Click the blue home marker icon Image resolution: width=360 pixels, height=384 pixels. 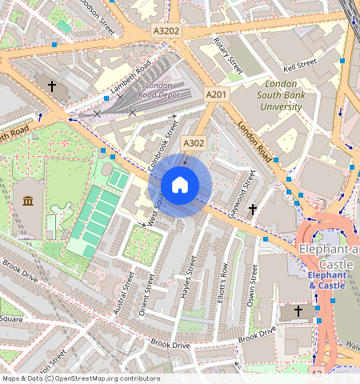180,186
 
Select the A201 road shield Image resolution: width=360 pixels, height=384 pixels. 216,94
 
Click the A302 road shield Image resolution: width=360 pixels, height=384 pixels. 193,143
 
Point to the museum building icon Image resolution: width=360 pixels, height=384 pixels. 29,201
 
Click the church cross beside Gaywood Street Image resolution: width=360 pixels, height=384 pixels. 253,210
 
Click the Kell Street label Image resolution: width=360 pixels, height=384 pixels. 301,64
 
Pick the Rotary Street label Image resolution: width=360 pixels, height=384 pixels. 228,54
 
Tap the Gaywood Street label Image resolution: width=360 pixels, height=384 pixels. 237,195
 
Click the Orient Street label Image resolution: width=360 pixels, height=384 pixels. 146,294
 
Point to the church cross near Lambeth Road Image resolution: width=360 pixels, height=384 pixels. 52,85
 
